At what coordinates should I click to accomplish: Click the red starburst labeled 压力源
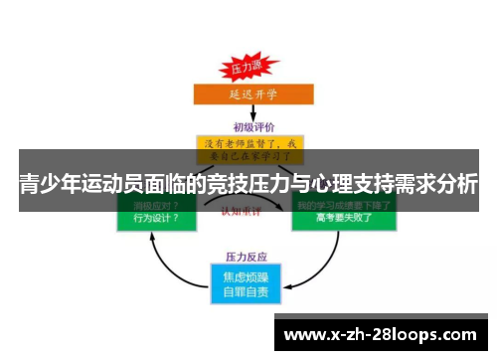point(247,67)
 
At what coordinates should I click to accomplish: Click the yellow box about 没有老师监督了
point(249,147)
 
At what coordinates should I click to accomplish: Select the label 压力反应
point(248,257)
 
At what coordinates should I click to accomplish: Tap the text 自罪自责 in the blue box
point(248,292)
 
